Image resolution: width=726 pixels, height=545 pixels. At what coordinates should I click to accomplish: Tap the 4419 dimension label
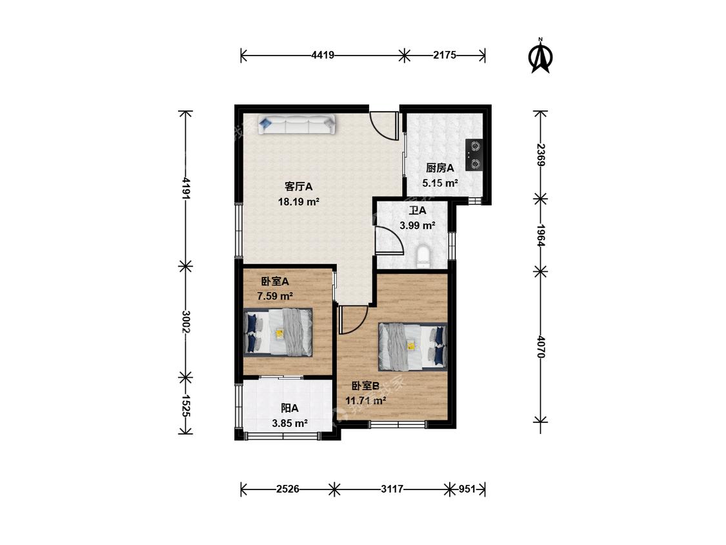point(323,55)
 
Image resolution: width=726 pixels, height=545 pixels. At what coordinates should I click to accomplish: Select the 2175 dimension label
point(445,55)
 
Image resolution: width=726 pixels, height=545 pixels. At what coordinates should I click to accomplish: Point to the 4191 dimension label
point(186,188)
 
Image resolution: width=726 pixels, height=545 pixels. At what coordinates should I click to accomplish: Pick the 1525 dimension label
point(186,406)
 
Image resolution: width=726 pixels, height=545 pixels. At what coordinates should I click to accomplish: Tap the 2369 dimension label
point(540,155)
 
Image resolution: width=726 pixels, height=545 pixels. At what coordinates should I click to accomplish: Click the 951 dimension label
point(467,489)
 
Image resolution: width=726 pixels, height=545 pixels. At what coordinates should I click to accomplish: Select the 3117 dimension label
point(392,489)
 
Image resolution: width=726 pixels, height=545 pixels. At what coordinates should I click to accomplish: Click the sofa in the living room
point(296,125)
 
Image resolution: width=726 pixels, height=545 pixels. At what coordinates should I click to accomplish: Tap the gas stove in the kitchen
point(474,155)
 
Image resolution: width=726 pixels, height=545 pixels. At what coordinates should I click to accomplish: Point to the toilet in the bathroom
point(423,258)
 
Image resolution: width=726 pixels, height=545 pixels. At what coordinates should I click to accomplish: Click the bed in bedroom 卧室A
point(277,333)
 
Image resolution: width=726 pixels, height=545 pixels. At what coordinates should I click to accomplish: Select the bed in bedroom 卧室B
point(412,347)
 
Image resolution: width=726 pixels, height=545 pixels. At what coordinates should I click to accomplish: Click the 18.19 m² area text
point(299,201)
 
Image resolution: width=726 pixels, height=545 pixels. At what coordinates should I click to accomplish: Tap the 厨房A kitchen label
point(440,168)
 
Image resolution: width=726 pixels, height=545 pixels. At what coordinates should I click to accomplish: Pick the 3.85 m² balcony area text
point(290,423)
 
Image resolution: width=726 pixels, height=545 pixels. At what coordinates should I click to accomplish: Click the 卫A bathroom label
point(417,211)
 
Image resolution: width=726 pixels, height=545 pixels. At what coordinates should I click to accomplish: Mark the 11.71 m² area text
point(366,400)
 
